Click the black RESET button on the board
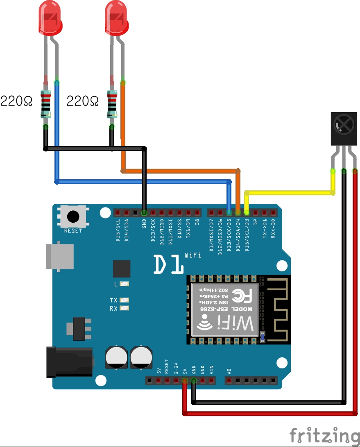click(73, 216)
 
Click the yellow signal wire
click(287, 192)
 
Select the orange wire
click(180, 170)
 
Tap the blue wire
click(143, 181)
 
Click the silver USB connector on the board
click(60, 257)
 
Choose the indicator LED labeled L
click(125, 284)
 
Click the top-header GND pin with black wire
click(144, 213)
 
